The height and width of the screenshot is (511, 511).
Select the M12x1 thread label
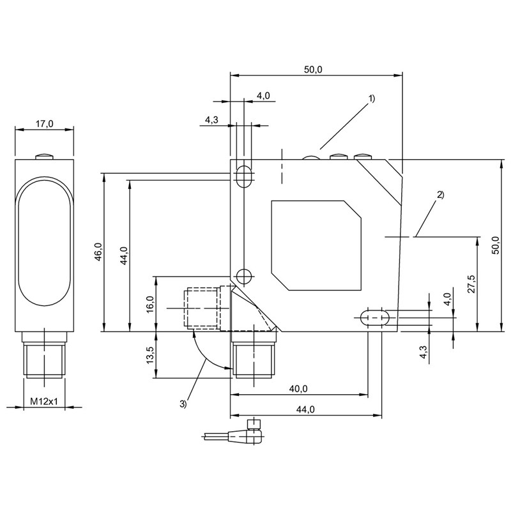pos(44,402)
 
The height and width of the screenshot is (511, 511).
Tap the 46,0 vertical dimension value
pos(98,252)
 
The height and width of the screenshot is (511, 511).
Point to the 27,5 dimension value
pos(471,284)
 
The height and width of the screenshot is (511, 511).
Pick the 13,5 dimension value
pos(150,355)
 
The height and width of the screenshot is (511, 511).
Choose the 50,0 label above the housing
pos(312,70)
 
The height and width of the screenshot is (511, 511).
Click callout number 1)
pos(372,99)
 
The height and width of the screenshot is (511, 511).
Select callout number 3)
pos(183,403)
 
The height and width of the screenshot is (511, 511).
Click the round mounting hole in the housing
pos(243,276)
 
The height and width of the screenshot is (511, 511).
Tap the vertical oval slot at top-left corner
pos(243,176)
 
